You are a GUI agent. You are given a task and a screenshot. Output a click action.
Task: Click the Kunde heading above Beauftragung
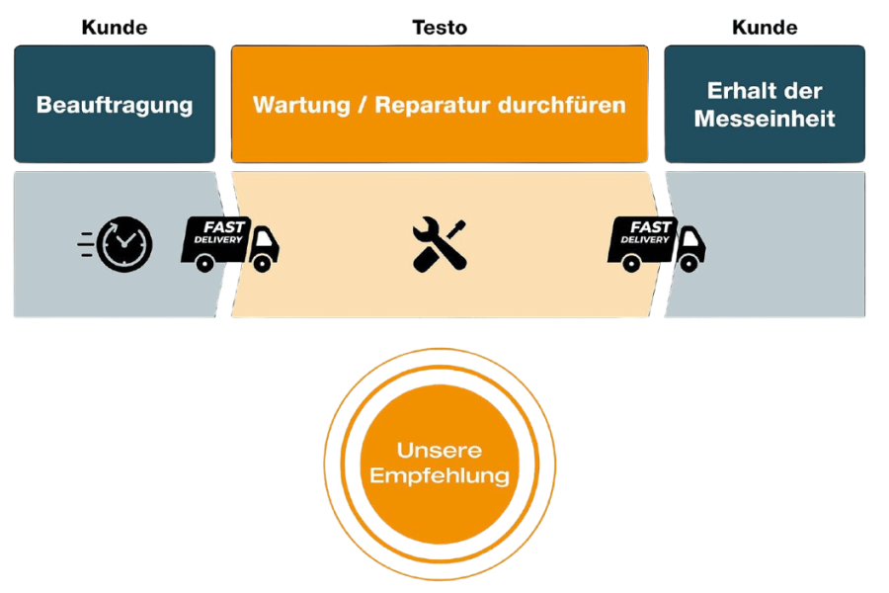[x=114, y=27]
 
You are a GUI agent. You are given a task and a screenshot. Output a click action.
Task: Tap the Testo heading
[x=439, y=27]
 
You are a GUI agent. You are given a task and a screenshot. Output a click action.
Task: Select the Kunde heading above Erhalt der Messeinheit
[x=765, y=27]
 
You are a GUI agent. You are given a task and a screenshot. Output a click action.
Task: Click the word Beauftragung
[x=115, y=104]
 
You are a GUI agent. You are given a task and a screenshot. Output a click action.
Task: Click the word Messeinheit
[x=765, y=120]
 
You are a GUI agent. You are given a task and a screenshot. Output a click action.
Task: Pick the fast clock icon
[x=124, y=244]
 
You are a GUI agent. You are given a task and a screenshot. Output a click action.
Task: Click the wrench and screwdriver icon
[x=440, y=244]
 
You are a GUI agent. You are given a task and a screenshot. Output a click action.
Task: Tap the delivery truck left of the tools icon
[x=229, y=244]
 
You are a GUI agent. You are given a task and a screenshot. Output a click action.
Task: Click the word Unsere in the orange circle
[x=439, y=451]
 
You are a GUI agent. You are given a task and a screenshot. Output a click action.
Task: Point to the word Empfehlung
[x=439, y=475]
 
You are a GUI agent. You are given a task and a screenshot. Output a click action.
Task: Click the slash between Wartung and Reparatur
[x=362, y=104]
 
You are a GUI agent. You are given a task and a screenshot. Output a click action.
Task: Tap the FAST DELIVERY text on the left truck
[x=217, y=232]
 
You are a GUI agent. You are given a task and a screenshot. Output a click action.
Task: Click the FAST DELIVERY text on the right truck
[x=644, y=232]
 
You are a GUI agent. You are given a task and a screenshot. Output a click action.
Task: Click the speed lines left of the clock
[x=87, y=244]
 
